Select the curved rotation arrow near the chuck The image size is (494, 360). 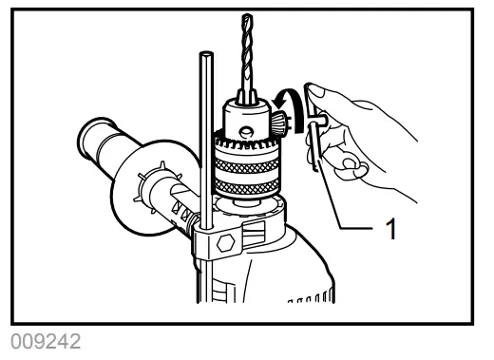coord(290,105)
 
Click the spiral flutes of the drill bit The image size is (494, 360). coord(248,52)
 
